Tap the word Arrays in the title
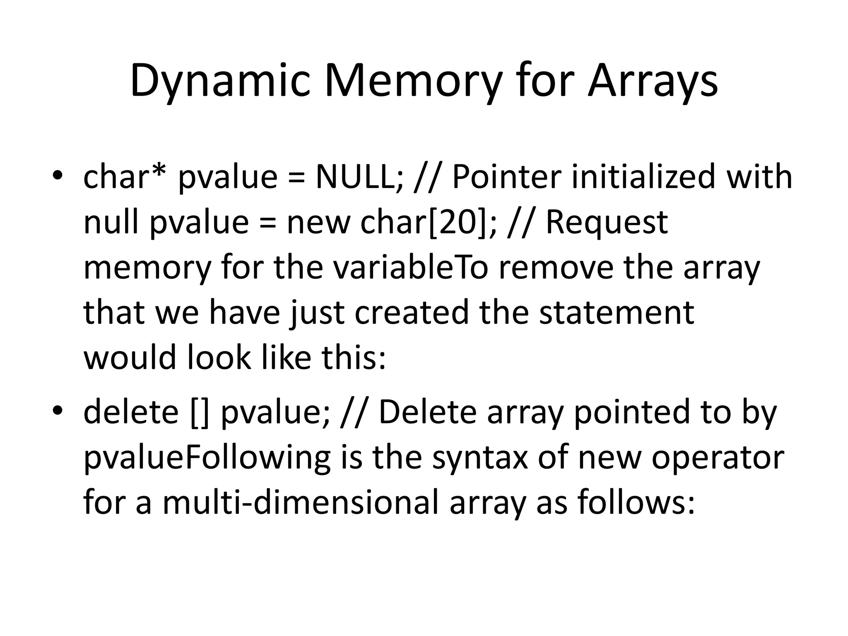(653, 81)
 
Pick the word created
(412, 313)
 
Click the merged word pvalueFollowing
(207, 458)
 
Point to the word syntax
(480, 458)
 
